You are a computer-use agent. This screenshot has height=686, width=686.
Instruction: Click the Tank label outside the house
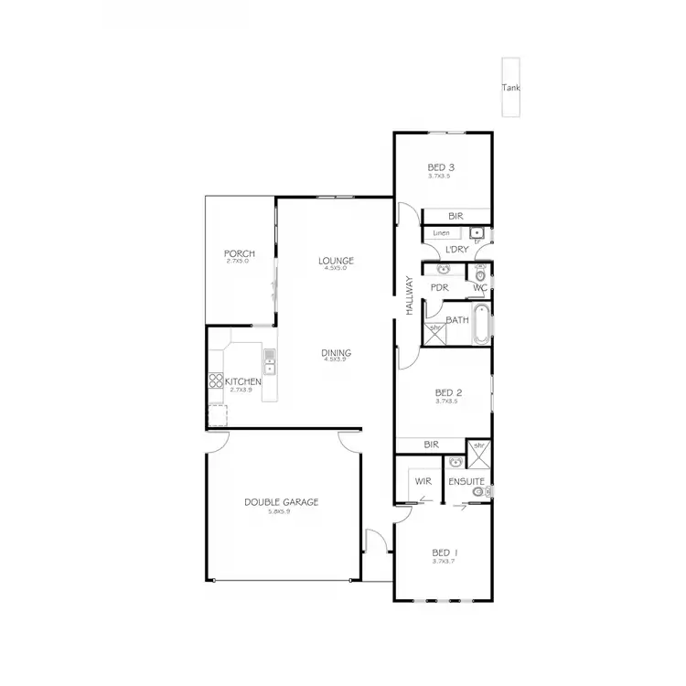tap(510, 88)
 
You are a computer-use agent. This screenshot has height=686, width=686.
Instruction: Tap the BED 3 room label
tap(442, 167)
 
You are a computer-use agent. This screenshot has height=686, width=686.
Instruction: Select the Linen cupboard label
tap(441, 234)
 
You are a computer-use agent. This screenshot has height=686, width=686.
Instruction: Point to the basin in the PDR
tap(444, 272)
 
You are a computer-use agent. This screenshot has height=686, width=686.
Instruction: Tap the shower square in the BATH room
tap(435, 334)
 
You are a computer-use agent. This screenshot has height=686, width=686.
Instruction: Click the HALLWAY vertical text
tap(411, 296)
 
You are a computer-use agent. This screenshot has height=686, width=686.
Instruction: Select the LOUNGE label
tap(336, 261)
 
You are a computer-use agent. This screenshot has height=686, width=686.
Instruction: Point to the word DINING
tap(336, 353)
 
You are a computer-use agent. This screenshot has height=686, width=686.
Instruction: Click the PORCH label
tap(239, 253)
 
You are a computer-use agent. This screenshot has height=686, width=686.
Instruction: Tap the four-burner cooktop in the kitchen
tap(216, 382)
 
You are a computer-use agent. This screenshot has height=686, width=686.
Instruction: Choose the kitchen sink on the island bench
tap(270, 361)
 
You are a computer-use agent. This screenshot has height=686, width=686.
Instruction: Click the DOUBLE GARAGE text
tap(280, 501)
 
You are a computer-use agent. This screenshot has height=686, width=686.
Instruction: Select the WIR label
tap(423, 480)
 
